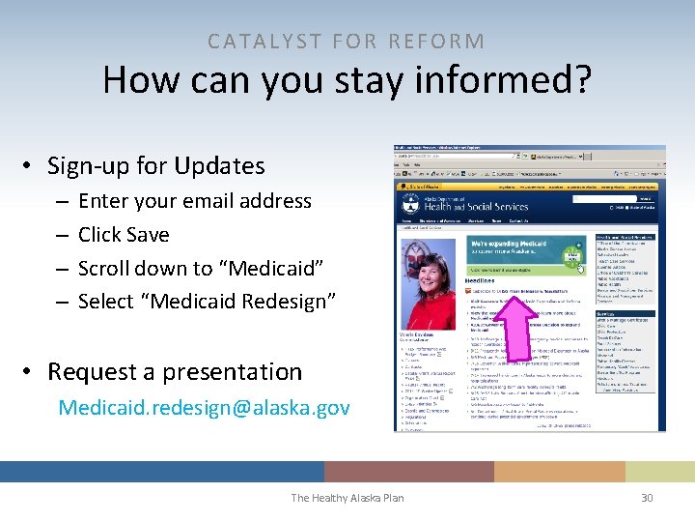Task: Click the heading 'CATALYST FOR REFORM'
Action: coord(347,41)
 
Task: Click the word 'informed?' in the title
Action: coord(508,80)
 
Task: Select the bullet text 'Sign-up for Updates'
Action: coord(155,165)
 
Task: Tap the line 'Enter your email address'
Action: coord(194,201)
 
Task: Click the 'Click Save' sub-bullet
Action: coord(123,235)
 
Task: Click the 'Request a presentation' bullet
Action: coord(174,372)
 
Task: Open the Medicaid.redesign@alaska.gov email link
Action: coord(204,408)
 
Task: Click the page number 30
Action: coord(647,498)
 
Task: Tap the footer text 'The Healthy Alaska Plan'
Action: coord(347,498)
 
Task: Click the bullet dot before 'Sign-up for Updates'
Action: coord(32,166)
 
